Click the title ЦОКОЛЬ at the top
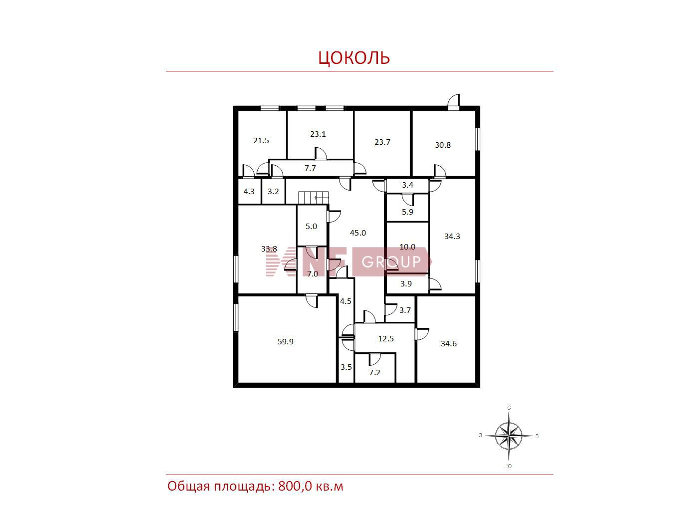tap(354, 57)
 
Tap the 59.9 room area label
tap(285, 342)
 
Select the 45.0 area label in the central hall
tap(357, 233)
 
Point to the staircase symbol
tap(314, 197)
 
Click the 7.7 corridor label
tap(310, 168)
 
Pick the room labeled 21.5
tap(261, 141)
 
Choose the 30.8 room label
tap(443, 145)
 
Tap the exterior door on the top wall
tap(453, 102)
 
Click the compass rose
tap(509, 436)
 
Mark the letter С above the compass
tap(509, 408)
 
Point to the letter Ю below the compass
tap(509, 466)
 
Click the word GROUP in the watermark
tap(391, 262)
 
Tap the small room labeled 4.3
tap(249, 192)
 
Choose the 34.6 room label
tap(449, 344)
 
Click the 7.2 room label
tap(374, 372)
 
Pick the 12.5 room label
tap(385, 338)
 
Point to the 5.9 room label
tap(407, 212)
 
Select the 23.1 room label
tap(318, 134)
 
